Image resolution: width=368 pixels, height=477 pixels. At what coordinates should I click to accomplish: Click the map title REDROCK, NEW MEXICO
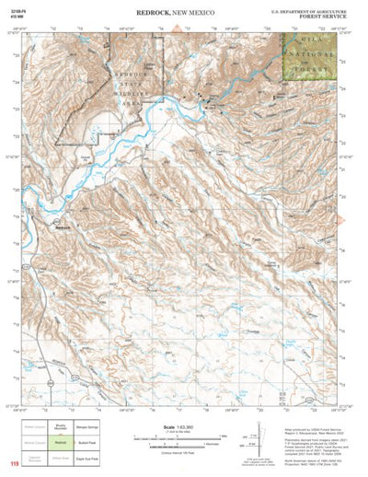pyautogui.click(x=184, y=13)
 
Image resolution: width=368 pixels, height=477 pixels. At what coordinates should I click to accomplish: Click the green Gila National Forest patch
pyautogui.click(x=309, y=53)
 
